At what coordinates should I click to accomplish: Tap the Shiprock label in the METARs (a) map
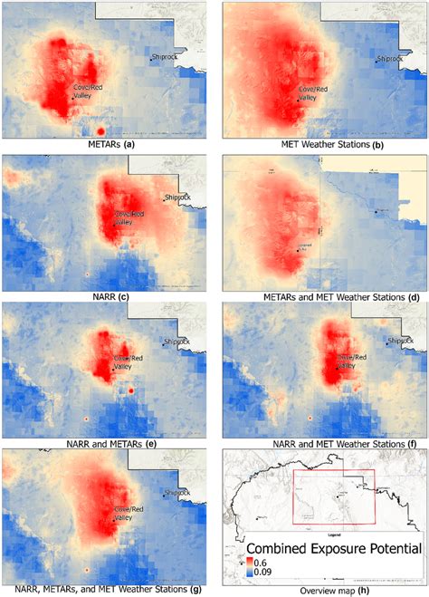[x=166, y=58]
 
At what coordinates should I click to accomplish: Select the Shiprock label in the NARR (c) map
[x=178, y=197]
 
